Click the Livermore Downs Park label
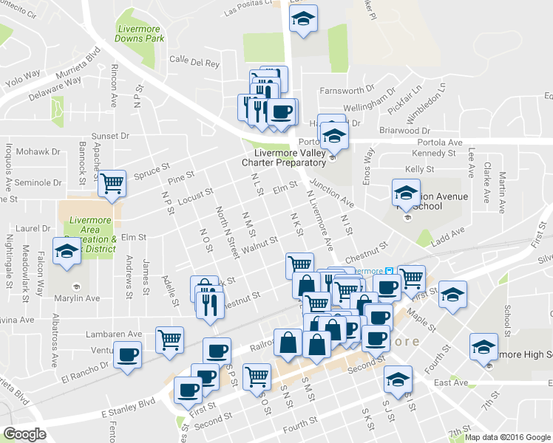tap(139, 32)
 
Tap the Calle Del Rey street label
tap(194, 63)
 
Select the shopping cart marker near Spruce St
tap(112, 182)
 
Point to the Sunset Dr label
tap(109, 136)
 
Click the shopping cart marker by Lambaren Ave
tap(170, 339)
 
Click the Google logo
tap(24, 434)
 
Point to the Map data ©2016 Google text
tap(508, 437)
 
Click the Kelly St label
tap(419, 169)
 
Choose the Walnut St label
tap(259, 245)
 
